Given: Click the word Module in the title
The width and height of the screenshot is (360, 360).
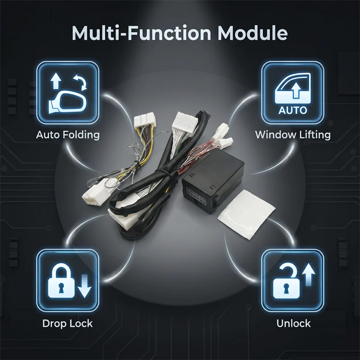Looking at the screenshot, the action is (x=252, y=33).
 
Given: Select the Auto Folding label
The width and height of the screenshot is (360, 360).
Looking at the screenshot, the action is (x=68, y=135).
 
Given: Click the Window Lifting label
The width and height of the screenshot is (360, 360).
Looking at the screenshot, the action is (x=293, y=135).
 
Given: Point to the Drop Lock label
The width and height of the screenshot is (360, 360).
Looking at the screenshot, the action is (x=67, y=324).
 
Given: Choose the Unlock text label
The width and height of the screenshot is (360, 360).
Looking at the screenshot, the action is (x=293, y=324).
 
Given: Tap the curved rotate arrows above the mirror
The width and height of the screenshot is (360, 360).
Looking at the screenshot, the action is (x=80, y=82).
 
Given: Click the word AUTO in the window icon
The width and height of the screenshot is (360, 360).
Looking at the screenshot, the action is (x=293, y=110).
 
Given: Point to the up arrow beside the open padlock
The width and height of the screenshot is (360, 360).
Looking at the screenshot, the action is (x=309, y=275).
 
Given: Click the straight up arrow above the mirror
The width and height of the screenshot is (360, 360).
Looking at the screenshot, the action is (x=55, y=81).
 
